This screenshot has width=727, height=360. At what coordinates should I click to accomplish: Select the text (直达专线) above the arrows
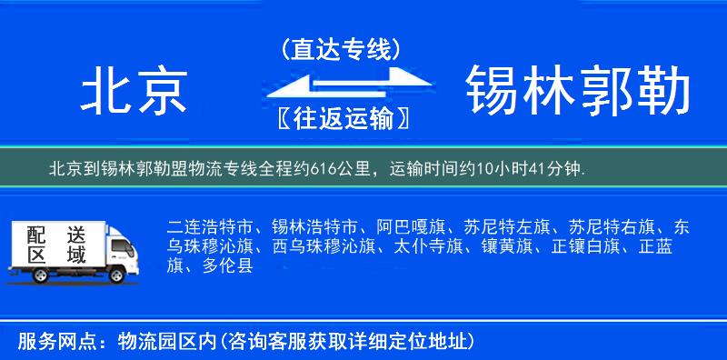coord(342,49)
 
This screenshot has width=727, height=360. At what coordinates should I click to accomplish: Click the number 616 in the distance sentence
coord(324,169)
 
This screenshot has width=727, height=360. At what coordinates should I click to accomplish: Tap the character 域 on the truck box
coord(75,257)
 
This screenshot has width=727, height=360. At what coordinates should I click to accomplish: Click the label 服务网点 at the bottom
coord(54,341)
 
